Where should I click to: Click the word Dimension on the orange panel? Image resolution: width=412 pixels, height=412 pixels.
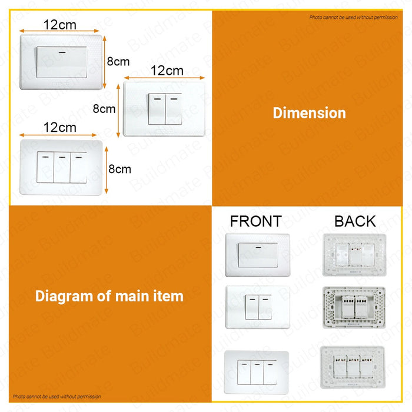click(309, 113)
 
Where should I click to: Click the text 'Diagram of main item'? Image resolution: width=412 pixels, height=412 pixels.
click(109, 296)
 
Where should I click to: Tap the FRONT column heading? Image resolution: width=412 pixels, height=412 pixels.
click(255, 221)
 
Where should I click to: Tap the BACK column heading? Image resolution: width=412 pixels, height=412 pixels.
click(355, 221)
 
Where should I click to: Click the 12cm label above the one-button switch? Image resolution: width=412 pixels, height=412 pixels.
click(60, 25)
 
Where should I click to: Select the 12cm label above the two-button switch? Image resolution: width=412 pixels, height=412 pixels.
click(167, 71)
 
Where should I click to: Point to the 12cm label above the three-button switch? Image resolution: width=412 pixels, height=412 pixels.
click(60, 127)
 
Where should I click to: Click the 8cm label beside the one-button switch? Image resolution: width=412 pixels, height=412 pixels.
click(118, 61)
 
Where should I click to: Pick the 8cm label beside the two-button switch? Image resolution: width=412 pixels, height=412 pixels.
click(104, 108)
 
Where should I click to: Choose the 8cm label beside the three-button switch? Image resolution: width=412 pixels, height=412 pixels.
click(120, 169)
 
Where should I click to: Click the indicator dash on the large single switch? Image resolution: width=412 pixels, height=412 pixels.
click(62, 52)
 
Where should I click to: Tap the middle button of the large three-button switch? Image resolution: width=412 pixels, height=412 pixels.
click(62, 167)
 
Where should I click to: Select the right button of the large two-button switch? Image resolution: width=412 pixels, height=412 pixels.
click(174, 109)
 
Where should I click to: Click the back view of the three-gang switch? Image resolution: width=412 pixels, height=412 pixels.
click(353, 367)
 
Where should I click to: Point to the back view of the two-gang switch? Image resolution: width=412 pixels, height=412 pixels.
click(354, 308)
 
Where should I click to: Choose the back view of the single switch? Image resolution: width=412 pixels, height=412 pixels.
click(354, 255)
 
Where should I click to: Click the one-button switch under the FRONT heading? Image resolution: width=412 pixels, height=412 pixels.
click(258, 255)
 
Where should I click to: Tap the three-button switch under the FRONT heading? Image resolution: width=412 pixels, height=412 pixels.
click(257, 372)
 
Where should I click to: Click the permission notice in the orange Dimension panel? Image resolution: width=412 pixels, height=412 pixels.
click(353, 17)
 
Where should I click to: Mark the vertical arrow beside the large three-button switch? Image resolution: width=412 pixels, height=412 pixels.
click(107, 170)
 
